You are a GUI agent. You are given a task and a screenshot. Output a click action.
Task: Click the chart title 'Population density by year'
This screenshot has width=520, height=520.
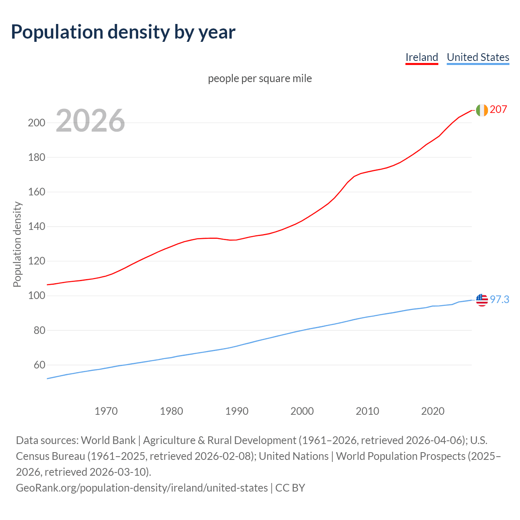pyautogui.click(x=123, y=32)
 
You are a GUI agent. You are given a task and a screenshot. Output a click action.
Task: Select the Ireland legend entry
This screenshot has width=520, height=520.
pyautogui.click(x=422, y=57)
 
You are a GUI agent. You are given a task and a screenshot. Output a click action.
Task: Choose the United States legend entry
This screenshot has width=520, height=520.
pyautogui.click(x=478, y=57)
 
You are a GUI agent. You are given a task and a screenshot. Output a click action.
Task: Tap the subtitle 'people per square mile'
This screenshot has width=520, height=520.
pyautogui.click(x=260, y=78)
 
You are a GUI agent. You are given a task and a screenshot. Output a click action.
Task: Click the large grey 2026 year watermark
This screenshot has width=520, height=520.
pyautogui.click(x=90, y=121)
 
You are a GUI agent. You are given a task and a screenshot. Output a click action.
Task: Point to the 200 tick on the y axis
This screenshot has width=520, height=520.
pyautogui.click(x=36, y=123)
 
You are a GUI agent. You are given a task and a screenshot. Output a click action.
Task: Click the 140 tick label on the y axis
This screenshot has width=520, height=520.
pyautogui.click(x=36, y=227)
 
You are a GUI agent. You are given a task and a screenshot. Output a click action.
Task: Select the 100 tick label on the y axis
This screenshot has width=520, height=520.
pyautogui.click(x=36, y=296)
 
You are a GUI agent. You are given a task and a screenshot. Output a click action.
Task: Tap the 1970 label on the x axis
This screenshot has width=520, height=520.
pyautogui.click(x=106, y=411)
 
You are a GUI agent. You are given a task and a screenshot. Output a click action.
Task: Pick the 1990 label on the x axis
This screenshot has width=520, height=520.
pyautogui.click(x=237, y=411)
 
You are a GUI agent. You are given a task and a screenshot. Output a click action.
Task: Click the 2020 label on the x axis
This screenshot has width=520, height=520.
pyautogui.click(x=433, y=411)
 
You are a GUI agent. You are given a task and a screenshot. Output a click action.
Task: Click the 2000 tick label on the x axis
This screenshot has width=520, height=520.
pyautogui.click(x=302, y=411)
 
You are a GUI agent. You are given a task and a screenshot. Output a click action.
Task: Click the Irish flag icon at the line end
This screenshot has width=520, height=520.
pyautogui.click(x=482, y=110)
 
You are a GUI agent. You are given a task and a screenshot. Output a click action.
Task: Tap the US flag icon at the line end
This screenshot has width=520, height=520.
pyautogui.click(x=482, y=300)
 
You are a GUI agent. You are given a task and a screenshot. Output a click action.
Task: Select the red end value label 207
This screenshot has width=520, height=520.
pyautogui.click(x=498, y=110)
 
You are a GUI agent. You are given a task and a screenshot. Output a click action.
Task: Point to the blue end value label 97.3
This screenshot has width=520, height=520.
pyautogui.click(x=499, y=300)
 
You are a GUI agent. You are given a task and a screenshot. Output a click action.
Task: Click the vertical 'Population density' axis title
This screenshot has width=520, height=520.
pyautogui.click(x=17, y=245)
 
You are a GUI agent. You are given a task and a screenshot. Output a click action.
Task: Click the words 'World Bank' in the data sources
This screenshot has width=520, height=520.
pyautogui.click(x=108, y=440)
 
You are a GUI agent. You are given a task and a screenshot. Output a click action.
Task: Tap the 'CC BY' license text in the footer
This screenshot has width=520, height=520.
pyautogui.click(x=290, y=488)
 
